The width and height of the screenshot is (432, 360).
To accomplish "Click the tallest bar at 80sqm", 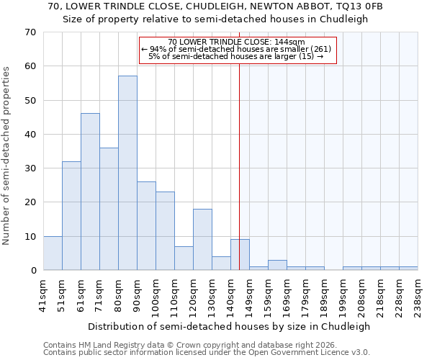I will click(x=127, y=173).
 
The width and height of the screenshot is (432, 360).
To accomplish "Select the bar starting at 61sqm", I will click(x=90, y=192).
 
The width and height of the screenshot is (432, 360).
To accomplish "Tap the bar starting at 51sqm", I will click(x=71, y=215).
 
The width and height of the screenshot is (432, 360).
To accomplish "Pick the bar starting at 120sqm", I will click(x=202, y=239).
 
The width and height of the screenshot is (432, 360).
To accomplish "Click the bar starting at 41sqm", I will click(x=53, y=253).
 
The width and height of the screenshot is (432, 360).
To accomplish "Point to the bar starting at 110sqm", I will click(x=184, y=258).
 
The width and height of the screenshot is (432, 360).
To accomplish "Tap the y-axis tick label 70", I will click(x=30, y=32).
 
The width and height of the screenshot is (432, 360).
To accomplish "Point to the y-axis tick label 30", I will click(x=30, y=168).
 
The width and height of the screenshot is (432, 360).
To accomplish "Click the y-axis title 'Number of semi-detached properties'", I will click(x=6, y=156).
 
